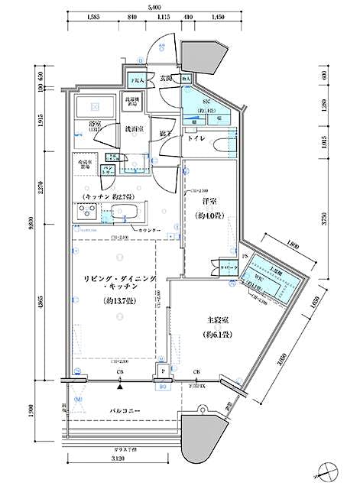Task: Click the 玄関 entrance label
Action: coord(166,78)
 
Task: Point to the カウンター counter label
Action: coord(150,229)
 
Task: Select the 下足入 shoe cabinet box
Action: coord(137,79)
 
